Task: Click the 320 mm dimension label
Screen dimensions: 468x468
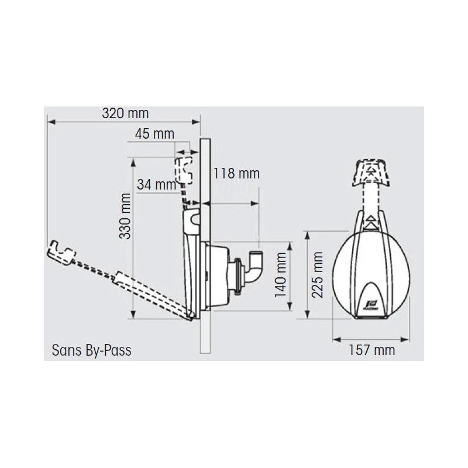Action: [125, 113]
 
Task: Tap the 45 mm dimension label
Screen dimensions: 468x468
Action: [154, 134]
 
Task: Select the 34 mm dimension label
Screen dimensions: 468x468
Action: [157, 184]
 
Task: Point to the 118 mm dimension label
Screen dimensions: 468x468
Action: [236, 173]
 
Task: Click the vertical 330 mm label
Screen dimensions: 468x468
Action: [125, 216]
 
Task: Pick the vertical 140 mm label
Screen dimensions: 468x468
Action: [281, 274]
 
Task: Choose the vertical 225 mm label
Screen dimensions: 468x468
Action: [318, 274]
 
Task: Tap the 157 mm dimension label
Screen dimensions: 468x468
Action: [372, 350]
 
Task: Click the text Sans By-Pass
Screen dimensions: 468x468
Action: [92, 350]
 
